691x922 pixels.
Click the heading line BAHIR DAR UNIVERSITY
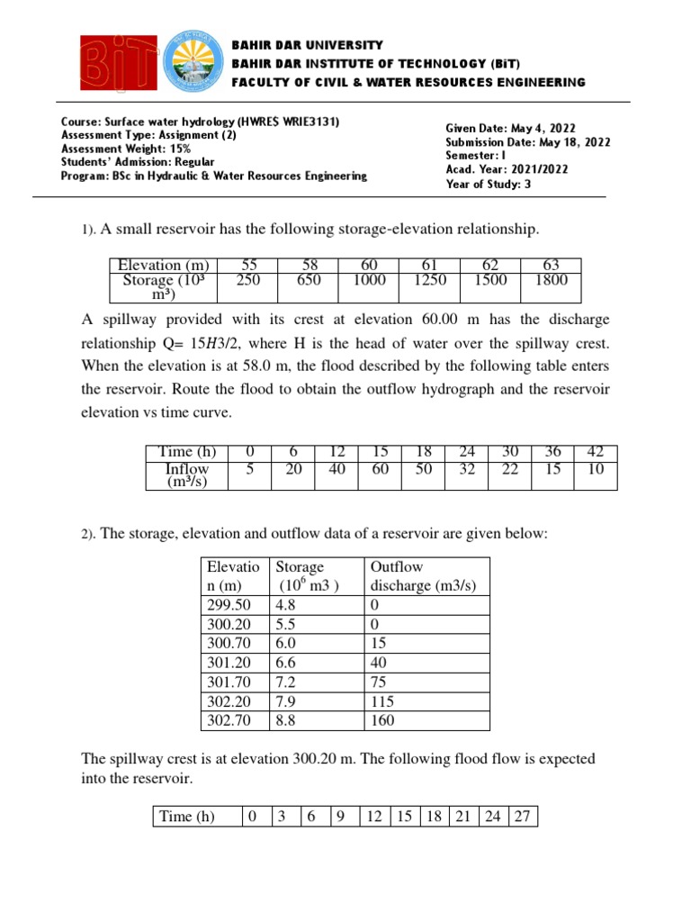(x=307, y=45)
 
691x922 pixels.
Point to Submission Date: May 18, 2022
(x=527, y=142)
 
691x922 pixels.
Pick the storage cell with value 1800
(x=551, y=280)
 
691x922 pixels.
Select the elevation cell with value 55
(x=249, y=266)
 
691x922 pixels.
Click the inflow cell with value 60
(x=380, y=468)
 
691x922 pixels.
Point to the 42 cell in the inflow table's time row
(x=596, y=452)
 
